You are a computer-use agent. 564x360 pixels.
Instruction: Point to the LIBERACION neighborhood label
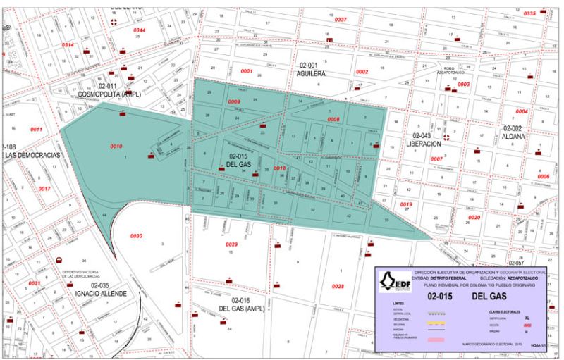tap(423, 144)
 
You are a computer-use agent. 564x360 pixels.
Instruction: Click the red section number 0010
tap(116, 147)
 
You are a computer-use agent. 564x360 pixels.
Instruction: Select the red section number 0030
tap(136, 236)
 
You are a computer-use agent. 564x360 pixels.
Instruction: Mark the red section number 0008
tap(333, 120)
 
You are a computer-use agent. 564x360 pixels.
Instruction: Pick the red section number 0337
tap(341, 20)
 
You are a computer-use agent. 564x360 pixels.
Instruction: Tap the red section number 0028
tap(338, 286)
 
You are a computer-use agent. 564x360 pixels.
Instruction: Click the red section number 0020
tap(474, 218)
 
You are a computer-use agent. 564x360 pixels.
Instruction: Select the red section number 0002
tap(362, 72)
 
